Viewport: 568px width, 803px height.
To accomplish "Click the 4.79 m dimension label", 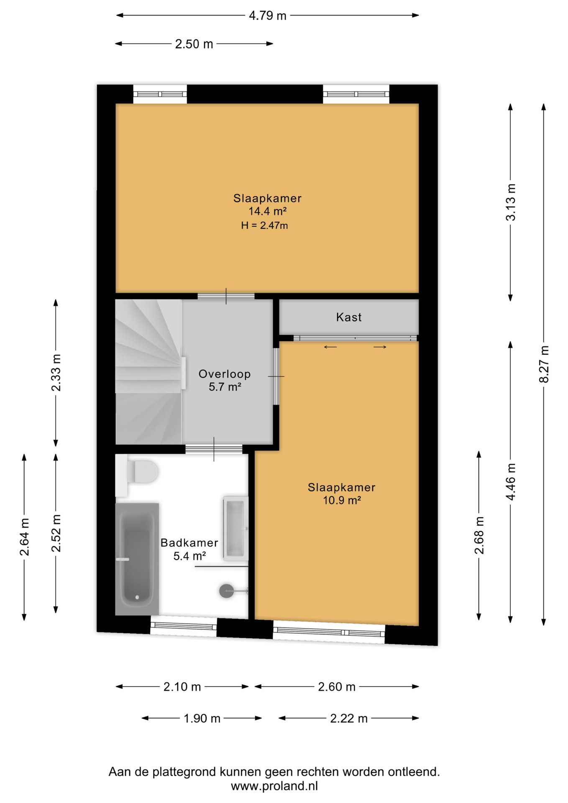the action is [x=267, y=16].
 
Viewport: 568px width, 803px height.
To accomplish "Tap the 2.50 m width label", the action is [x=194, y=44].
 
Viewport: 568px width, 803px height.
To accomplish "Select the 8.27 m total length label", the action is [x=544, y=364].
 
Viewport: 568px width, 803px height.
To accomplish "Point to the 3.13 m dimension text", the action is [x=510, y=202].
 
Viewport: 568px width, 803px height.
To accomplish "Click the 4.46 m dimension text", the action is [x=510, y=481].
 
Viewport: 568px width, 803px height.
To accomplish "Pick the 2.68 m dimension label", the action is [x=479, y=535].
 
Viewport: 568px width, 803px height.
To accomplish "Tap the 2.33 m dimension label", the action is [x=56, y=372].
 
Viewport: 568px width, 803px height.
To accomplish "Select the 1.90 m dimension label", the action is [x=202, y=718].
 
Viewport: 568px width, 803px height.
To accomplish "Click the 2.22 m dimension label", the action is [x=349, y=718].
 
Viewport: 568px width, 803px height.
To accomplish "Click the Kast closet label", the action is [x=349, y=317].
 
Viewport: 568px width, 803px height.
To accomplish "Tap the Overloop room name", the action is [x=225, y=374].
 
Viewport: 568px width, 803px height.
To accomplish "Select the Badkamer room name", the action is [x=189, y=543].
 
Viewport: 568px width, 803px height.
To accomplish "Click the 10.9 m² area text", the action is [x=342, y=500].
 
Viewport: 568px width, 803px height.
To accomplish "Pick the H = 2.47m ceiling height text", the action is [x=264, y=225].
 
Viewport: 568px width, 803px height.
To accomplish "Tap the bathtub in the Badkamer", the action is [x=137, y=559].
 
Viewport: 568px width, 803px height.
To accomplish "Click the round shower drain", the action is [x=226, y=591].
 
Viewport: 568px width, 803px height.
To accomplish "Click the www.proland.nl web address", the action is [x=274, y=786].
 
